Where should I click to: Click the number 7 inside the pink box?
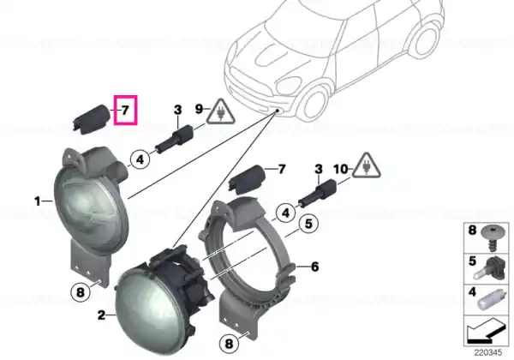(125, 111)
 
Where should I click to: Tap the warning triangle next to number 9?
(221, 112)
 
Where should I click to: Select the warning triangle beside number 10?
(367, 166)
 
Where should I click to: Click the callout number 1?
(38, 201)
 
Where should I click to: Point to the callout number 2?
(102, 315)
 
